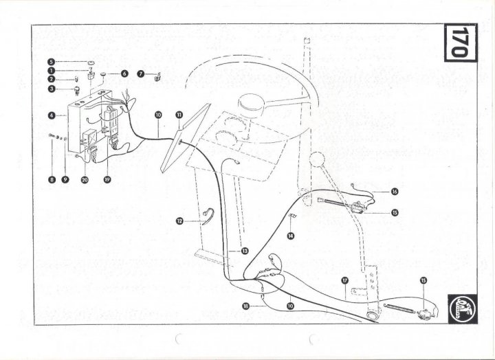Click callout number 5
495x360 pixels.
pos(51,62)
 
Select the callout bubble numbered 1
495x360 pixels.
pos(51,71)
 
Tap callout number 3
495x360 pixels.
pos(51,88)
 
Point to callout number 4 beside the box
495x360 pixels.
pos(51,115)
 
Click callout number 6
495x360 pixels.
pos(124,73)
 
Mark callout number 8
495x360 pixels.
pos(51,179)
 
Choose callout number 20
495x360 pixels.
pos(85,179)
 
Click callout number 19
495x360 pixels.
pos(107,179)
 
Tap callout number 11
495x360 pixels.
pos(179,115)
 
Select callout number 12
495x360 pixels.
pos(180,221)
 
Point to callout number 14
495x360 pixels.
pos(291,236)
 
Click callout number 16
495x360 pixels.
pos(395,192)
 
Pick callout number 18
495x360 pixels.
pos(245,306)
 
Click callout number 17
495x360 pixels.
pos(345,280)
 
